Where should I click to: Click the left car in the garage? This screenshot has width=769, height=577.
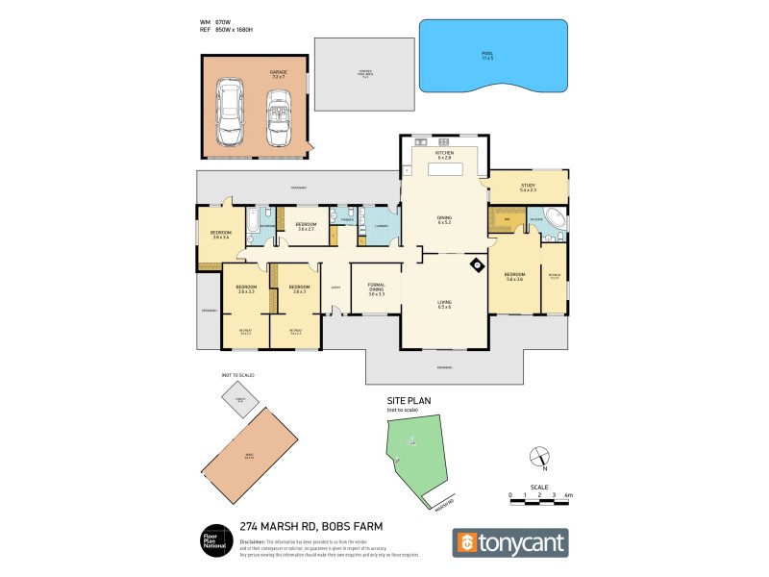pyautogui.click(x=231, y=108)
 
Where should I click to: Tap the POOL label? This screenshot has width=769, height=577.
pyautogui.click(x=487, y=57)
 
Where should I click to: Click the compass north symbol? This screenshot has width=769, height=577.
pyautogui.click(x=540, y=457)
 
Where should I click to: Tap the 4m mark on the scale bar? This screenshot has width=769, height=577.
pyautogui.click(x=569, y=494)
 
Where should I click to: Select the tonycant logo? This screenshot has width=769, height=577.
pyautogui.click(x=510, y=542)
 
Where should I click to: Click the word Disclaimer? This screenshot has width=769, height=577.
pyautogui.click(x=256, y=541)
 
